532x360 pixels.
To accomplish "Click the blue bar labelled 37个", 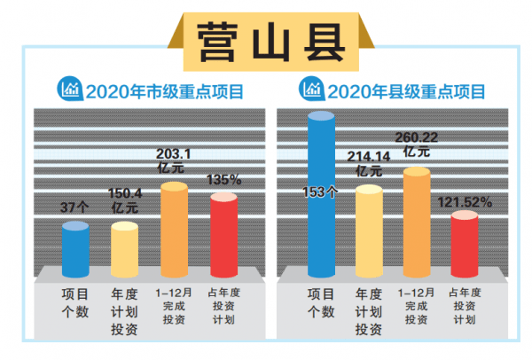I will click(75, 252).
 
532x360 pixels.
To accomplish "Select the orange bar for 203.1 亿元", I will click(174, 231).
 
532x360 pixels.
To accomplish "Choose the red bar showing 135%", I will click(223, 236).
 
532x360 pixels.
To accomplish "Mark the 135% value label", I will click(223, 179).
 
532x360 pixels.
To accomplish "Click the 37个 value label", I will click(74, 208).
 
